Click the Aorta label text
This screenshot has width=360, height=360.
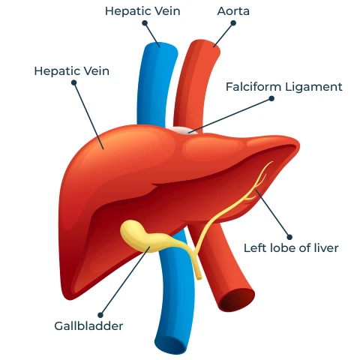[233, 11]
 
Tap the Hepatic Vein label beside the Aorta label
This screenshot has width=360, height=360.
[142, 11]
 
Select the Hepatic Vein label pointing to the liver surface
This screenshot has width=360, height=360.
[72, 71]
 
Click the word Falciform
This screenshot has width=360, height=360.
[253, 87]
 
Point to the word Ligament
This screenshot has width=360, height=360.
[313, 88]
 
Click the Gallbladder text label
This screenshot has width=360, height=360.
[88, 326]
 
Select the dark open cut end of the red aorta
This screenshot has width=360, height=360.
[237, 299]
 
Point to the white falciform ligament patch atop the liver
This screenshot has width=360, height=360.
[184, 130]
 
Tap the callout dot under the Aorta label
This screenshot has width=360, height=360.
[233, 23]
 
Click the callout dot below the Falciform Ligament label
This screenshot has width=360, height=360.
[271, 98]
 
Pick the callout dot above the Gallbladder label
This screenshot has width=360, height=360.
[100, 315]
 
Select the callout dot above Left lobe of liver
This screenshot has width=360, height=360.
[289, 237]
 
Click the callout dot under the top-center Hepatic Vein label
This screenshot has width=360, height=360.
[145, 23]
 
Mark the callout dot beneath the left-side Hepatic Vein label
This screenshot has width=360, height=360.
[74, 82]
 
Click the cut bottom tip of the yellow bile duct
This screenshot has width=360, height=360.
[199, 277]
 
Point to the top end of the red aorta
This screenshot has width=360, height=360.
[205, 45]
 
